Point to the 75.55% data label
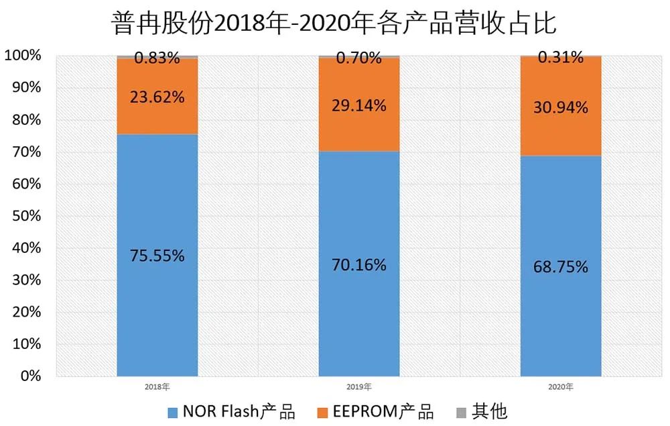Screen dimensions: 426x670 (158, 256)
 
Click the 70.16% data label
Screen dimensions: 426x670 (359, 265)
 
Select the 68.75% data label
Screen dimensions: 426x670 (561, 267)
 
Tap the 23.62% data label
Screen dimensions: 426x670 (158, 97)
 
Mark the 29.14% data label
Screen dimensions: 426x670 (359, 105)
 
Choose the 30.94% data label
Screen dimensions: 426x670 (561, 107)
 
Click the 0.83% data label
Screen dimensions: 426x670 (157, 58)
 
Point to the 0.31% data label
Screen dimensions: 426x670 (560, 58)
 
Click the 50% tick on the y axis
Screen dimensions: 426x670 (27, 216)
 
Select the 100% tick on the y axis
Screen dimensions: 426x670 (23, 56)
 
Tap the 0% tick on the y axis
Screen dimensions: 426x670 (31, 376)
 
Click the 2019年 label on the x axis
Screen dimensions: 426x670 (359, 387)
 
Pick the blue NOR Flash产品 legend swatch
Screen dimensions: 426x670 (174, 411)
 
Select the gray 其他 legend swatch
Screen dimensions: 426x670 (460, 411)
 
